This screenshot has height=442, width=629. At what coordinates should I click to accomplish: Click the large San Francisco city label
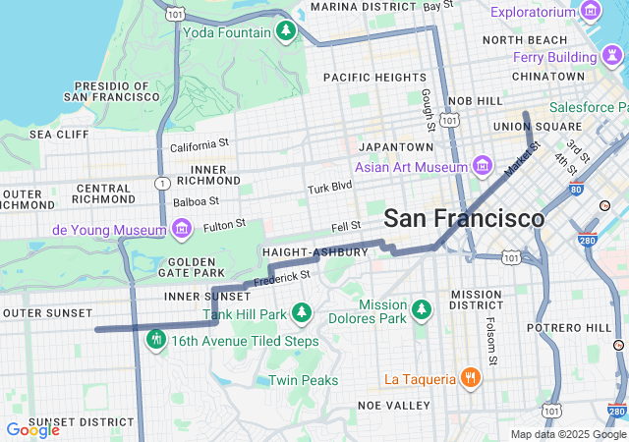pyautogui.click(x=463, y=218)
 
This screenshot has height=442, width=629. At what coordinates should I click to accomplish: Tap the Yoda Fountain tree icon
pyautogui.click(x=286, y=31)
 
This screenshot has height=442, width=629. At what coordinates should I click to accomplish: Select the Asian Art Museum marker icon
pyautogui.click(x=482, y=164)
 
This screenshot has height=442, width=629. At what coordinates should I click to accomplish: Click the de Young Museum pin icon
pyautogui.click(x=181, y=230)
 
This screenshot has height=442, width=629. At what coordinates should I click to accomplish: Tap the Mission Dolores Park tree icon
pyautogui.click(x=422, y=311)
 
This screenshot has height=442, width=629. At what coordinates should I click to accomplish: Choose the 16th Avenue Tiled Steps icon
pyautogui.click(x=155, y=341)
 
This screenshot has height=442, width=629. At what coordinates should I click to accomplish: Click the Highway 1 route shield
pyautogui.click(x=162, y=184)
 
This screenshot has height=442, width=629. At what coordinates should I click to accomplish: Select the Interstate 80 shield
pyautogui.click(x=575, y=189)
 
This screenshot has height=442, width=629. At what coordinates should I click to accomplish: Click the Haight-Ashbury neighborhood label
pyautogui.click(x=314, y=252)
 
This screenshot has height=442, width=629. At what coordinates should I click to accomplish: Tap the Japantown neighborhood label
pyautogui.click(x=396, y=146)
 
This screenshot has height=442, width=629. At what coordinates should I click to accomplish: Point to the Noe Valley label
pyautogui.click(x=392, y=405)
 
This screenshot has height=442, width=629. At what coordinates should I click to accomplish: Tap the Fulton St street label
pyautogui.click(x=224, y=226)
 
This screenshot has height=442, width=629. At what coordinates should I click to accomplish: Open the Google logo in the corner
pyautogui.click(x=32, y=429)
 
